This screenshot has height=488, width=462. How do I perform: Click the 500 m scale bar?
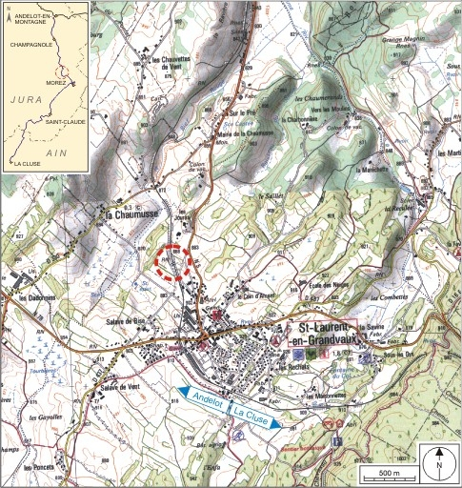click(385, 473)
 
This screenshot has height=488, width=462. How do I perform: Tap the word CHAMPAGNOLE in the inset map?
click(28, 44)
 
